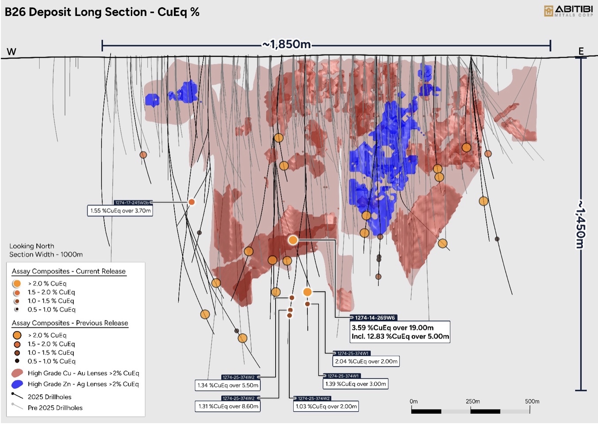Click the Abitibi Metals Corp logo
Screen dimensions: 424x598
(x=568, y=11)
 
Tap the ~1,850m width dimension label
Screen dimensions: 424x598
(x=286, y=44)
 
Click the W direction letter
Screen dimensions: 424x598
(x=11, y=52)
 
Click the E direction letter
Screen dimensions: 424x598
(x=581, y=51)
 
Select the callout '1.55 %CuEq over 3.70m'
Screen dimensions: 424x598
(x=120, y=211)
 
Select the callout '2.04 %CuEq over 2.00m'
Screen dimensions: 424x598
(x=366, y=361)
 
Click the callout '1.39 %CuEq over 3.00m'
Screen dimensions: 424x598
(x=356, y=384)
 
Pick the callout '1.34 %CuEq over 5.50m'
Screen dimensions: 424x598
(x=228, y=385)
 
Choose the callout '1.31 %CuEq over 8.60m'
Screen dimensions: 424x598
(x=228, y=406)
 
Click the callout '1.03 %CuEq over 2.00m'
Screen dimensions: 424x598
(x=326, y=406)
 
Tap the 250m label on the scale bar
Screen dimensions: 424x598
(x=472, y=401)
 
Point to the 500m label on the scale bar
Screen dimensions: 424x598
(x=532, y=401)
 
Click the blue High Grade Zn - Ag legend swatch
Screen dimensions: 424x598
(x=17, y=384)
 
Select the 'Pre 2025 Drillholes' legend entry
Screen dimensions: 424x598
(x=55, y=408)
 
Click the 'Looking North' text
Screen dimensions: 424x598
(x=32, y=246)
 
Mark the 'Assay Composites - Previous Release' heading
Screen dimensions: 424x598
(x=70, y=323)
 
